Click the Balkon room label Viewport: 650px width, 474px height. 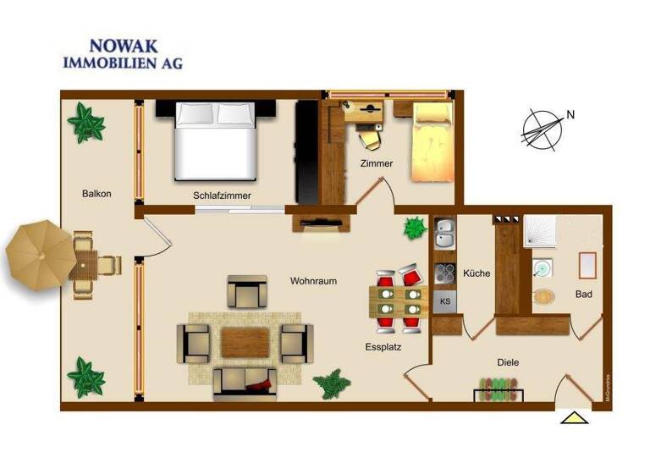(x=96, y=194)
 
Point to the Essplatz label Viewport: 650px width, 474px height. (x=383, y=346)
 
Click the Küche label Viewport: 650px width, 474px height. (x=476, y=273)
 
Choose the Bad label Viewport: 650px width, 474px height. (x=583, y=295)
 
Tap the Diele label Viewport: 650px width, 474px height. (x=508, y=362)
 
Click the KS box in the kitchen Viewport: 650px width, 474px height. (x=445, y=300)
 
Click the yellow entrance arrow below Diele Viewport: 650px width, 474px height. (x=574, y=416)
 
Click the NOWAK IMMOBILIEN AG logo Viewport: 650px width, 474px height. (x=122, y=53)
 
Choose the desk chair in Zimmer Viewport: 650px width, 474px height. (x=369, y=139)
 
